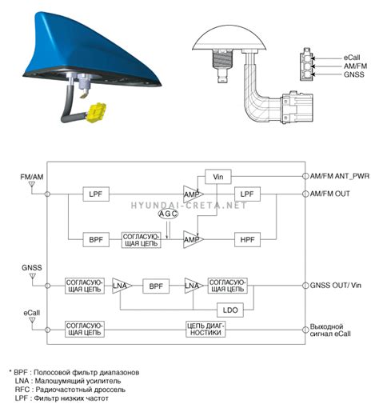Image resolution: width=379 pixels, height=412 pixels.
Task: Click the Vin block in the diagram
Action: pos(217,177)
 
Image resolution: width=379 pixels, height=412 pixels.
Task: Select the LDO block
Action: pos(230,310)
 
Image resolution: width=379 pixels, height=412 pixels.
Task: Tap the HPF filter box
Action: pos(247,239)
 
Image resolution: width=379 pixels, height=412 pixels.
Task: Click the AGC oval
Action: pos(168,214)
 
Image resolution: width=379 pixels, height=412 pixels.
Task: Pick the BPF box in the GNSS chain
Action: pos(156,286)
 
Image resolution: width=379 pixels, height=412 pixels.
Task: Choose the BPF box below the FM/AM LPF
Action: pos(96,239)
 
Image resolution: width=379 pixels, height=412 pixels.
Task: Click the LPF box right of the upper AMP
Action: pos(247,194)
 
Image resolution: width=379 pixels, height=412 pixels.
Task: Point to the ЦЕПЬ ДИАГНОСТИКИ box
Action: pos(205,329)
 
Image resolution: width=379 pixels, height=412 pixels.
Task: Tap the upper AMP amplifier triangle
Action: pos(193,194)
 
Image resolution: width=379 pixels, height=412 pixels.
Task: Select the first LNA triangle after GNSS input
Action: pos(122,286)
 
